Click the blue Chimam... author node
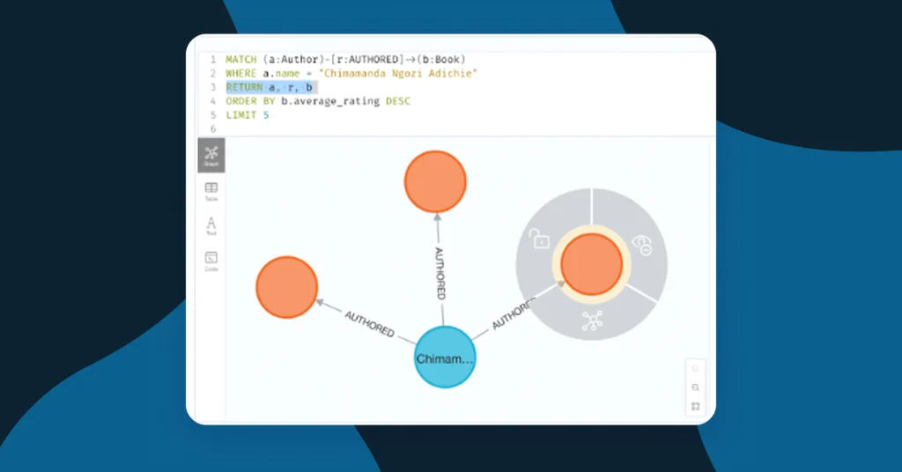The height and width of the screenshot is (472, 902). click(445, 358)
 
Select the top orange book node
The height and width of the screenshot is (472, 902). click(435, 181)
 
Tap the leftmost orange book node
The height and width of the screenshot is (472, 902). click(286, 287)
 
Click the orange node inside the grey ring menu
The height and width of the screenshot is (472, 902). click(591, 263)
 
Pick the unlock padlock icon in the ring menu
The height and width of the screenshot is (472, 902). click(539, 237)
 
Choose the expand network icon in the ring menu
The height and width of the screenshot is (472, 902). click(591, 322)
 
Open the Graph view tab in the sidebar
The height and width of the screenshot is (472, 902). click(211, 155)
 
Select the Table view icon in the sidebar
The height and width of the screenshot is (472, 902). click(211, 191)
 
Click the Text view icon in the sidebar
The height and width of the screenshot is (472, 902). click(211, 225)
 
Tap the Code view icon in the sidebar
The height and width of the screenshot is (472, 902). click(211, 261)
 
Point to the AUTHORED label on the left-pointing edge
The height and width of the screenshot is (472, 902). click(369, 324)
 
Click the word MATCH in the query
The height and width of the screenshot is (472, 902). click(240, 59)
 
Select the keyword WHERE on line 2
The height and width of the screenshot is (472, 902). click(240, 73)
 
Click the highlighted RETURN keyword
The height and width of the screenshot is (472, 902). click(242, 87)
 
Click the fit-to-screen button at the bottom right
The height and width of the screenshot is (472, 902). click(696, 406)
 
